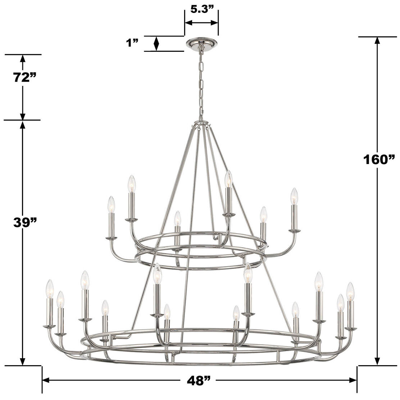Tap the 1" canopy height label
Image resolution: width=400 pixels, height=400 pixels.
(132, 43)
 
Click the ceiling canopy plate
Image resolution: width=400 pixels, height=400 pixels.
(201, 42)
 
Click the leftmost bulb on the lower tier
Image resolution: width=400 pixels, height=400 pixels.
(50, 288)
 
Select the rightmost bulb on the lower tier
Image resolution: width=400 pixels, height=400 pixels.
(350, 291)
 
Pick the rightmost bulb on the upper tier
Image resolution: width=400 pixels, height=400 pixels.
(295, 196)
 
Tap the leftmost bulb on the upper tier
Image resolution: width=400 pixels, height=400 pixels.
(111, 205)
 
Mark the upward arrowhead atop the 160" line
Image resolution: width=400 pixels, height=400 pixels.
(377, 40)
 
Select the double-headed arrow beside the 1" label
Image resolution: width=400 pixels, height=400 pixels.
(156, 44)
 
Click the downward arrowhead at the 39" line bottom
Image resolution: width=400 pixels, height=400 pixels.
(23, 361)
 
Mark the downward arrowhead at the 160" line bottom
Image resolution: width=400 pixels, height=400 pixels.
(377, 361)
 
